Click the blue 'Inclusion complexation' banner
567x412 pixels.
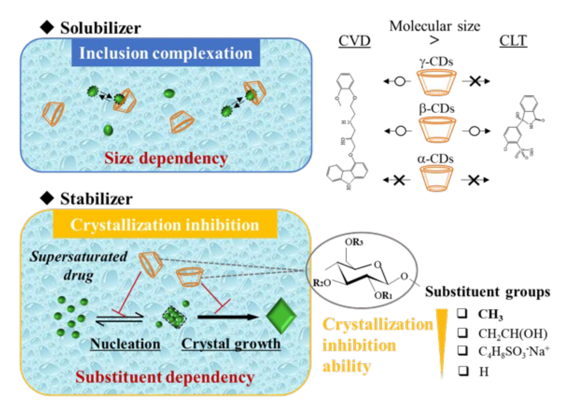tap(165, 53)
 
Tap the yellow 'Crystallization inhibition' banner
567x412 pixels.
tap(165, 225)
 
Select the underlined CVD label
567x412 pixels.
tap(354, 41)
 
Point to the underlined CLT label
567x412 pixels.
tap(513, 41)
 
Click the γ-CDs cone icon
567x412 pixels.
tap(436, 82)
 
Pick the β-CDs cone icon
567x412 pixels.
tap(436, 130)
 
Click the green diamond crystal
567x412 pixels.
tap(281, 316)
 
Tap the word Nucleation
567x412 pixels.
tap(125, 344)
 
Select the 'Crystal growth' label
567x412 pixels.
tap(231, 344)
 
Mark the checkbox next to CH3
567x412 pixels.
tap(462, 313)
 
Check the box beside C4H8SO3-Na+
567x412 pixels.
tap(462, 350)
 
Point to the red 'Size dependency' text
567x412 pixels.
tap(166, 158)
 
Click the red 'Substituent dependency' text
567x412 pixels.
tap(165, 377)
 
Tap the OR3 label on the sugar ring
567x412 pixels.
tap(353, 242)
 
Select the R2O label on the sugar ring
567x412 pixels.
tap(321, 283)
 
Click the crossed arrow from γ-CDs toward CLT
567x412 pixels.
tap(475, 81)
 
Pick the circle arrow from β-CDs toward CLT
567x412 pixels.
tap(475, 131)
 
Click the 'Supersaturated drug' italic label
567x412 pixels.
tap(79, 265)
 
